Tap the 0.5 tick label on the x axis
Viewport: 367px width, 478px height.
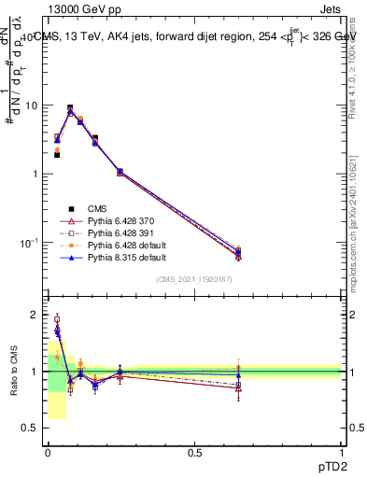[194, 453]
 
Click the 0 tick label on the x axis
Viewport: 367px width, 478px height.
[48, 453]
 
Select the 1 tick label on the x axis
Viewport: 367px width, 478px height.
[341, 453]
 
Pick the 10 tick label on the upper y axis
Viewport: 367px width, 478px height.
[31, 105]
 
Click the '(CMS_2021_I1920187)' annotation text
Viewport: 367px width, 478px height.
[193, 280]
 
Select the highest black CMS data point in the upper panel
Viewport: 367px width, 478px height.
[70, 108]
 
